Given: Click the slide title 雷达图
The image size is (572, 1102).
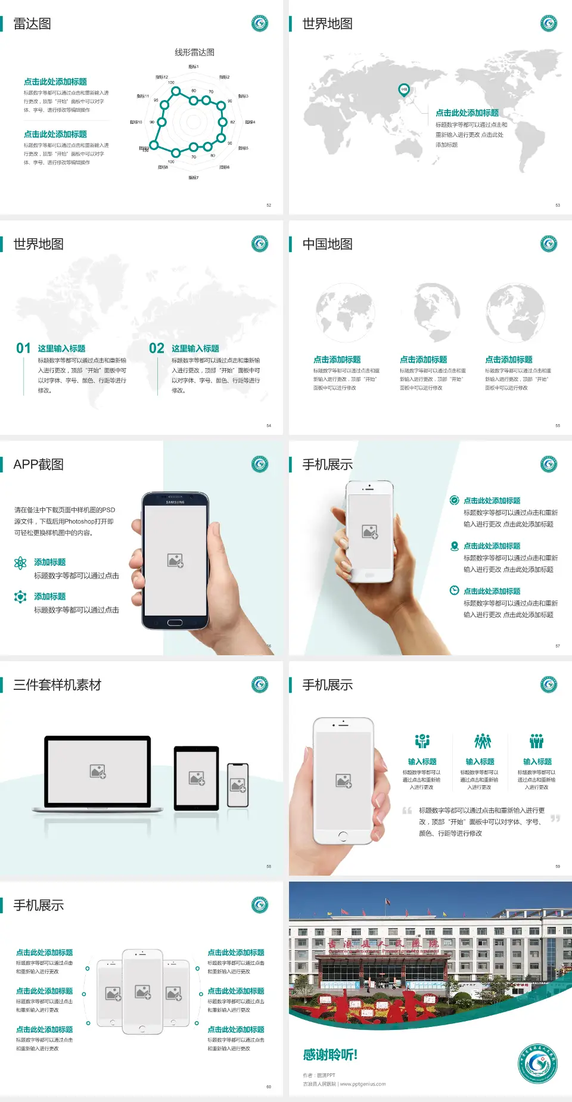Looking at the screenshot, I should [32, 24].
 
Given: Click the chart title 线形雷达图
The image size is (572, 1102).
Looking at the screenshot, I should [194, 52].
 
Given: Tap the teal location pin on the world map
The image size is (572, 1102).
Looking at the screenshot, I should [403, 90].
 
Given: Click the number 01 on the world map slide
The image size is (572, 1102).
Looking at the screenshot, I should [23, 348].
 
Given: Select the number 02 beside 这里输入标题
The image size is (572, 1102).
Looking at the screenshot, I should [157, 348].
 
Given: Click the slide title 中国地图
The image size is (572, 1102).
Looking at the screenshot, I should [327, 244].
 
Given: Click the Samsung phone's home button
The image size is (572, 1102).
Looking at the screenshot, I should [175, 622].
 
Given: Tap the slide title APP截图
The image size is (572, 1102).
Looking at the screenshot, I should [38, 465].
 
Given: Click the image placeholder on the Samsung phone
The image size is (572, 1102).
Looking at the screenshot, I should [175, 561].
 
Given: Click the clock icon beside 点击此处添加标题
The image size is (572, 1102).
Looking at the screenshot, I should [454, 590].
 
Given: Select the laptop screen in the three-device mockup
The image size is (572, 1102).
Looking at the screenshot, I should [98, 771].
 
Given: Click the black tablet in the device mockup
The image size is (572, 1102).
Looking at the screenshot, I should [197, 778].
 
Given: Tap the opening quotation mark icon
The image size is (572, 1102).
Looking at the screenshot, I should [407, 811].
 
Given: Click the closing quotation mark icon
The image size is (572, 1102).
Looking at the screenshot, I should [555, 818].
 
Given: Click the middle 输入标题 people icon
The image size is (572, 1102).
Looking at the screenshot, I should [482, 741].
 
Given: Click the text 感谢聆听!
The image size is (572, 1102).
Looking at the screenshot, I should [330, 1055].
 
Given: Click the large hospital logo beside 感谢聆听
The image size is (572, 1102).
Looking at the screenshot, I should [537, 1063].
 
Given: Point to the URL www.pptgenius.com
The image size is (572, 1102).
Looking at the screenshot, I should [363, 1084].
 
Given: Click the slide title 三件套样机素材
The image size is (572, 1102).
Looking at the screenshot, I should [57, 685].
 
